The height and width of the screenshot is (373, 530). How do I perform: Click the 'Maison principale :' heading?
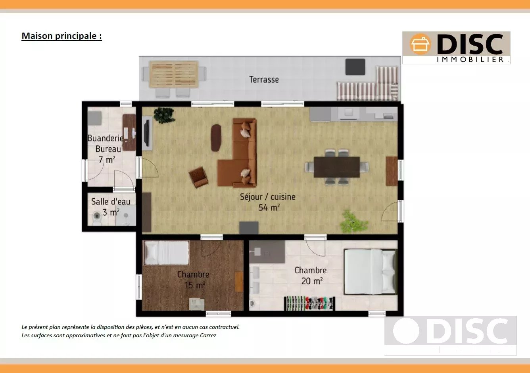[x=62, y=36]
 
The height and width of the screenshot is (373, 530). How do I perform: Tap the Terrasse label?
[x=264, y=79]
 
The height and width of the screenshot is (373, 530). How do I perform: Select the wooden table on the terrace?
[x=174, y=74]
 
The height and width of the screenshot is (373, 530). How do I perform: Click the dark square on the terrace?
[x=355, y=67]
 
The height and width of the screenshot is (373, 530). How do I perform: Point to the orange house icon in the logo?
[x=420, y=44]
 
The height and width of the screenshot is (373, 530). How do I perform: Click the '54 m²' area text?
[x=269, y=208]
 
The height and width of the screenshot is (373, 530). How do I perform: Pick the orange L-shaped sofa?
[x=237, y=153]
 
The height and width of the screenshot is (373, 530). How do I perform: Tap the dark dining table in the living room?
[x=337, y=167]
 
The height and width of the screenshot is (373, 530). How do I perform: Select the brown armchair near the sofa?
[x=198, y=177]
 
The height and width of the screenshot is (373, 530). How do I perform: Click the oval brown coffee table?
[x=216, y=138]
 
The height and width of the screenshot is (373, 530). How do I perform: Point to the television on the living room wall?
[x=147, y=133]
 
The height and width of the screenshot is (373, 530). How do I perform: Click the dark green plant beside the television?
[x=164, y=115]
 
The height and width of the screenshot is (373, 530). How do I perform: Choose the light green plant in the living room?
[x=353, y=222]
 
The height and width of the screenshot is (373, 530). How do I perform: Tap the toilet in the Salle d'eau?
[x=96, y=218]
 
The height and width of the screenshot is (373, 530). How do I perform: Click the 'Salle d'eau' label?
[x=111, y=201]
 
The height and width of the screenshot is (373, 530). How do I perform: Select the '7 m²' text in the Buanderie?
[x=107, y=160]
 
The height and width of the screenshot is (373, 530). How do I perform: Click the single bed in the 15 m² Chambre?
[x=167, y=253]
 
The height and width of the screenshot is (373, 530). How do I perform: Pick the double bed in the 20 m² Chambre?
[x=370, y=272]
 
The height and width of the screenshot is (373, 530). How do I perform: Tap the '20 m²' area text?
[x=312, y=281]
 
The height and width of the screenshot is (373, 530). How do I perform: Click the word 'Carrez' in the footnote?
[x=208, y=335]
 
